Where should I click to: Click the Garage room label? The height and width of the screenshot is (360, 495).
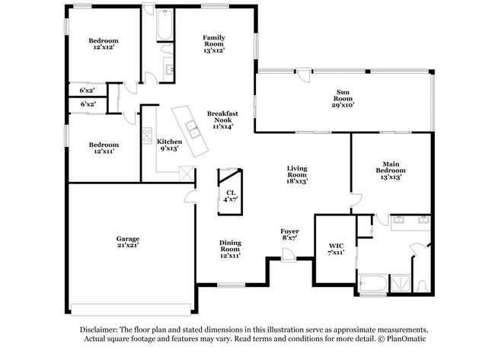click(127, 239)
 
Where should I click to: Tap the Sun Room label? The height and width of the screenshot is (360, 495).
click(343, 95)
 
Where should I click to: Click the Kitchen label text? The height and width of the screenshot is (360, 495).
click(169, 142)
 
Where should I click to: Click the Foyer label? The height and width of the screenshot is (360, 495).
click(289, 231)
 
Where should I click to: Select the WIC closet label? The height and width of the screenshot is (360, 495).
click(337, 245)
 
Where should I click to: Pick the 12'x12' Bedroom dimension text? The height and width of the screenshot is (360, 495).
click(103, 47)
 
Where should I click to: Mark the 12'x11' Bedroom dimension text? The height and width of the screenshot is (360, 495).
click(103, 151)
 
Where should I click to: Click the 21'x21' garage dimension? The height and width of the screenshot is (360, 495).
click(127, 246)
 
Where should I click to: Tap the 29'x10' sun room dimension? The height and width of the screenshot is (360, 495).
click(343, 103)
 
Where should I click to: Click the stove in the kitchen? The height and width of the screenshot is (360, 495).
click(146, 135)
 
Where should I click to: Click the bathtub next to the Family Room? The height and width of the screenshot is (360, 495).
click(164, 28)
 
